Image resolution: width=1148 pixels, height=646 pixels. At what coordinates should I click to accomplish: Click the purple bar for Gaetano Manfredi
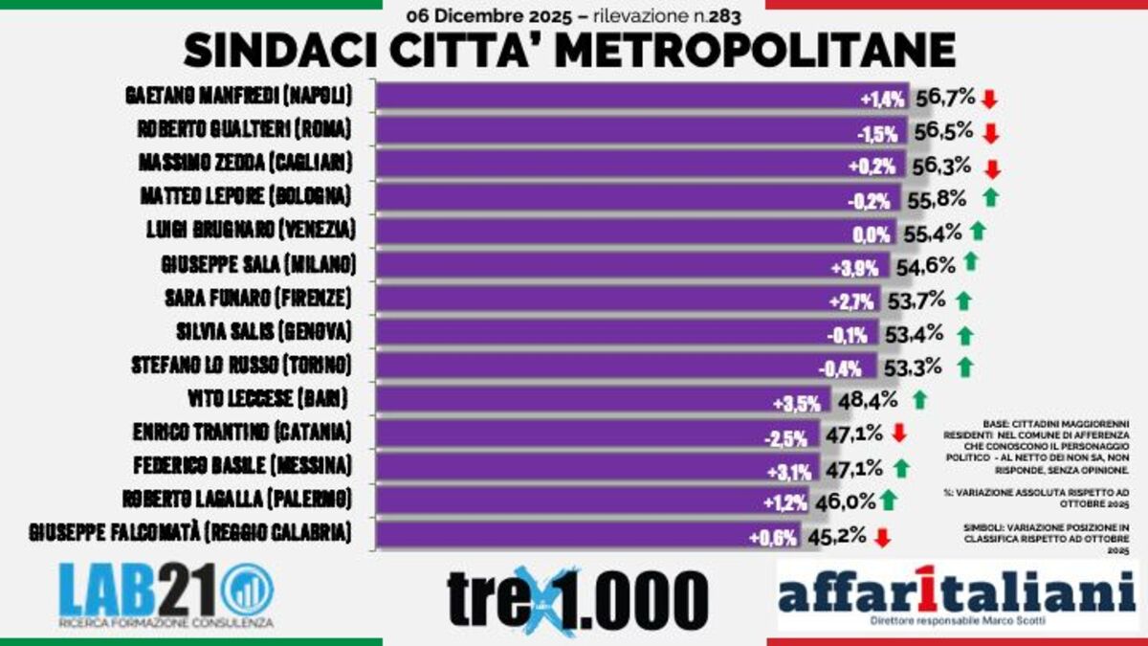point(612,97)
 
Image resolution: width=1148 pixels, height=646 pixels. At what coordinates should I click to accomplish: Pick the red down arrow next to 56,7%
point(989,99)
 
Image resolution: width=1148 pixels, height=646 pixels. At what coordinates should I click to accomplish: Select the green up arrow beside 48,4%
point(920,400)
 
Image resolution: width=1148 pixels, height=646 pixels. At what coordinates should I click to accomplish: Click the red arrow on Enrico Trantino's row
point(898,434)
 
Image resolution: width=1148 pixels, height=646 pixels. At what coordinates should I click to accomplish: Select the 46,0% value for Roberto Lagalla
point(844,501)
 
